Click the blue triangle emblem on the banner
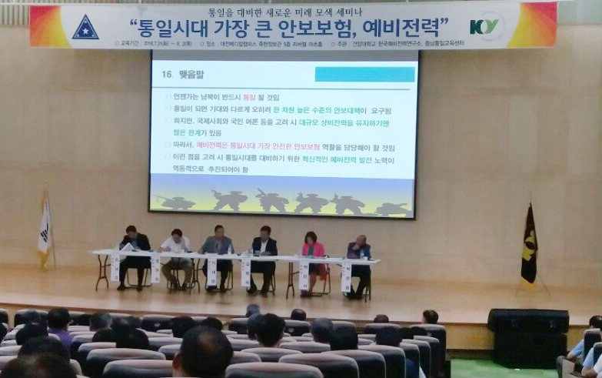coord(85,27)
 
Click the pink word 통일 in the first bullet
coord(248,98)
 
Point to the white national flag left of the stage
coord(45,230)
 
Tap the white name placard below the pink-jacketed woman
coord(304,274)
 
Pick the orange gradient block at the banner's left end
coord(48,27)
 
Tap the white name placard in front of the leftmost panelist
coord(115,268)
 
